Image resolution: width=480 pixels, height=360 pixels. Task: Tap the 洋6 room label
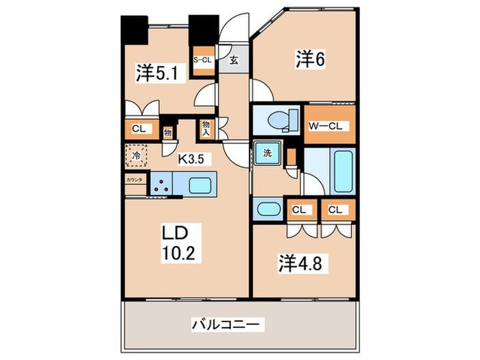(310, 60)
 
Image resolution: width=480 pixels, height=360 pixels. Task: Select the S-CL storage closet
(203, 60)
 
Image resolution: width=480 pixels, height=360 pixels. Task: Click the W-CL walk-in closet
(329, 125)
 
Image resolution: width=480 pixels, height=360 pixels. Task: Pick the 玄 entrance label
(233, 60)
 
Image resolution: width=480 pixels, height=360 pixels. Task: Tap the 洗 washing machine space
(267, 153)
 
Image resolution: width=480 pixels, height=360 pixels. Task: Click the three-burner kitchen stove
(161, 184)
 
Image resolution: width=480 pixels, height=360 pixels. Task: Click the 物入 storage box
(206, 127)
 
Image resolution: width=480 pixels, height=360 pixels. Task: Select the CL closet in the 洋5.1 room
(139, 128)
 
